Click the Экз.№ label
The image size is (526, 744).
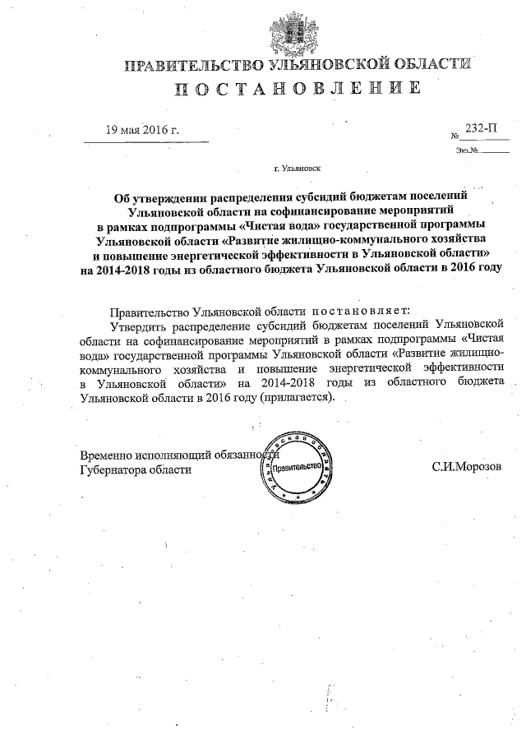pos(469,150)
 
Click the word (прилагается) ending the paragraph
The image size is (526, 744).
pos(298,397)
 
